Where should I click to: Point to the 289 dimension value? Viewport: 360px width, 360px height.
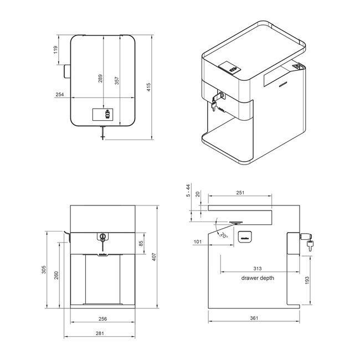click(100, 79)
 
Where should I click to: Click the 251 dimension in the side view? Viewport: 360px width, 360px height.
click(240, 193)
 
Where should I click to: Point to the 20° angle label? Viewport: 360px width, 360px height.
click(223, 235)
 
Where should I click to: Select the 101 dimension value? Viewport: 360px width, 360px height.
click(198, 241)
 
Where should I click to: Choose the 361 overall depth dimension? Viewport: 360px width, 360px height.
click(254, 318)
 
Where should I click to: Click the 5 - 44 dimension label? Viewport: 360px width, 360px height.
click(188, 191)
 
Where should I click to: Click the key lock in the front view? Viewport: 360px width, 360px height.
click(102, 237)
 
